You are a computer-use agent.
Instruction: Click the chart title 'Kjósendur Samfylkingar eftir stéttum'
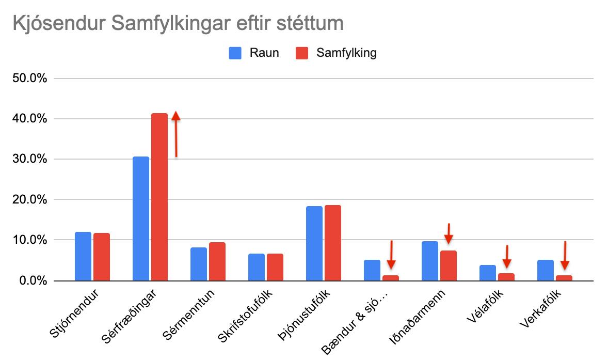(178, 24)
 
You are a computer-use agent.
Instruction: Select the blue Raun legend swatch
(235, 53)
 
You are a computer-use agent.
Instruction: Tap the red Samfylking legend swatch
(301, 53)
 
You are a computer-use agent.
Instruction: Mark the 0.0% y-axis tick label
(31, 281)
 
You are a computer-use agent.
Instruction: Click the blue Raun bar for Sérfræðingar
(141, 219)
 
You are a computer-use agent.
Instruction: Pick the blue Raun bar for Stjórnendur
(83, 257)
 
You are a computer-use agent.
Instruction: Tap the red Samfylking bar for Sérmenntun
(217, 262)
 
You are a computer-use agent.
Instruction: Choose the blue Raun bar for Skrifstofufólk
(257, 268)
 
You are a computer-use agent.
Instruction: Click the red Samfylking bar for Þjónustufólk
(333, 243)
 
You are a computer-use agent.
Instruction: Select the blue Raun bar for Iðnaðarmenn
(430, 261)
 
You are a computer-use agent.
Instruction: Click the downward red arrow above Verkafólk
(565, 256)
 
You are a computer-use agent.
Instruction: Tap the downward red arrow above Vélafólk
(507, 256)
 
